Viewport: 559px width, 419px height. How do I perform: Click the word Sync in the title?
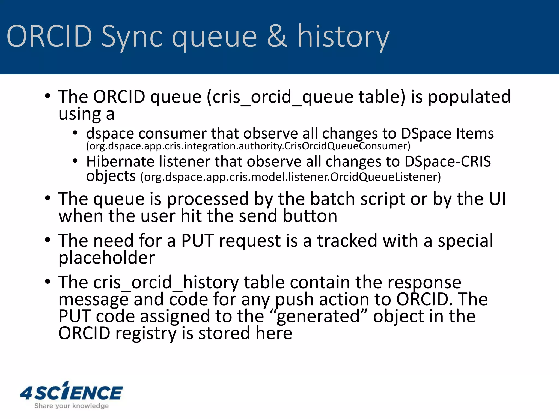[x=132, y=37]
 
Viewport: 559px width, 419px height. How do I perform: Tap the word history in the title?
[x=343, y=37]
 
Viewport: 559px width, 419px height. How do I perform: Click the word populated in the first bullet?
[x=469, y=97]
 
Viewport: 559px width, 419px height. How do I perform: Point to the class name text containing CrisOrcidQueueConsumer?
[x=248, y=146]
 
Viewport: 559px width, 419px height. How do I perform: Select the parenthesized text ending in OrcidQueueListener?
[x=290, y=177]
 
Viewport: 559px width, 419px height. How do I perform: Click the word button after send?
[x=310, y=216]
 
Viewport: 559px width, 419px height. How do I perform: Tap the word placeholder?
[x=106, y=258]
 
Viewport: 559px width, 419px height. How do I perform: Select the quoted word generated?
[x=318, y=316]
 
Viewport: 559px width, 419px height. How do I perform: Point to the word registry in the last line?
[x=146, y=333]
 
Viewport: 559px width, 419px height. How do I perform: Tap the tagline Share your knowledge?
[x=72, y=406]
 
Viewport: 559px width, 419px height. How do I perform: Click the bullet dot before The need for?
[x=48, y=240]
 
